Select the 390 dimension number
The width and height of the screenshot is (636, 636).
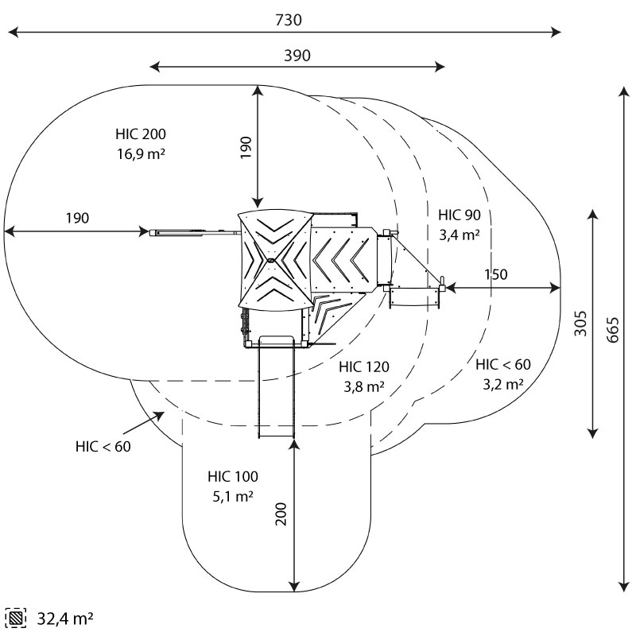click(297, 55)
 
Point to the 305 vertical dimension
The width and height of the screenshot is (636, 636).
click(581, 323)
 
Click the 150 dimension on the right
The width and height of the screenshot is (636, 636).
click(494, 275)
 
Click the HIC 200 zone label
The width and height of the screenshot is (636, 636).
click(141, 134)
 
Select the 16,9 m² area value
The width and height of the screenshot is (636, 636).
click(141, 153)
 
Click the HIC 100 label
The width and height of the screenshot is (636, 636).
click(232, 477)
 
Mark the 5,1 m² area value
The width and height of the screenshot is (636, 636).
click(232, 497)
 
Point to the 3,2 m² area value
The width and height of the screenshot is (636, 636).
click(502, 385)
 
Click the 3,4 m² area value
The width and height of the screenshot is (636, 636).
click(460, 235)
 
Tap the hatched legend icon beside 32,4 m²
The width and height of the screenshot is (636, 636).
click(15, 618)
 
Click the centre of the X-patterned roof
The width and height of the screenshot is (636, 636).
click(270, 260)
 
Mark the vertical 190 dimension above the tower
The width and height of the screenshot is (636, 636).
click(246, 147)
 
